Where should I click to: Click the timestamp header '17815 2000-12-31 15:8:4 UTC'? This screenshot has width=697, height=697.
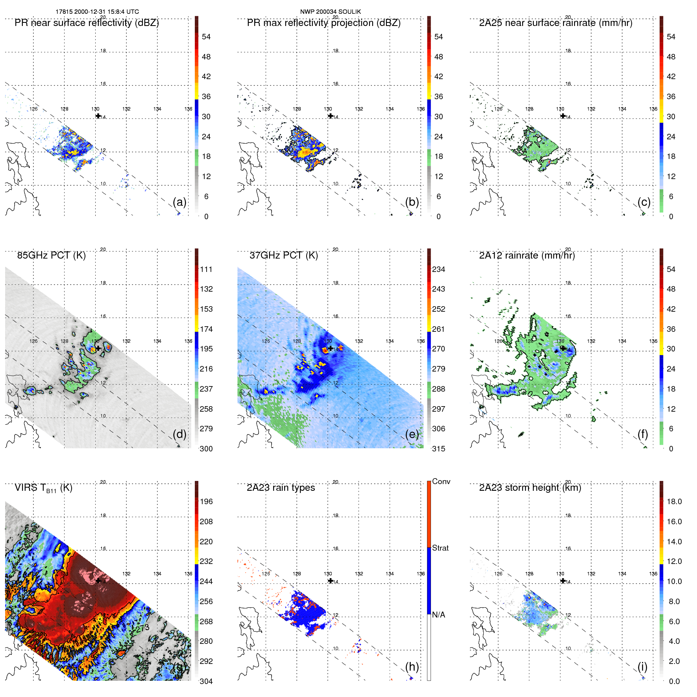97,12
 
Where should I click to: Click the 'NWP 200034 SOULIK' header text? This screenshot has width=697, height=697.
330,12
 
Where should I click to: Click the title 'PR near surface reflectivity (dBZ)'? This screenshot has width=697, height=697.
87,23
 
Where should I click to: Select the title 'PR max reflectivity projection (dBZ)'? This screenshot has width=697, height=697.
324,23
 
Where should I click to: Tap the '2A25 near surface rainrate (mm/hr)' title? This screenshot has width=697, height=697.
556,23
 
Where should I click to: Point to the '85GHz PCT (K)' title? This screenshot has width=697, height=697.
51,255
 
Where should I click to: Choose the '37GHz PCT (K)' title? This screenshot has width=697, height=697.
283,255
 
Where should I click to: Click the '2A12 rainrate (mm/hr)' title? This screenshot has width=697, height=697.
527,255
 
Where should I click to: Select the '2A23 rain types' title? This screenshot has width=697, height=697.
281,488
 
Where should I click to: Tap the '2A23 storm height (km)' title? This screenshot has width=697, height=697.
530,488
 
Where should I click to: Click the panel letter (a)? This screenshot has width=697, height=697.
179,202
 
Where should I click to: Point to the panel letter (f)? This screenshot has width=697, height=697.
643,434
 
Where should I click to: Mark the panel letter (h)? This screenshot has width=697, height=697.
412,666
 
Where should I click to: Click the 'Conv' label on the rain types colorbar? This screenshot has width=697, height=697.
441,481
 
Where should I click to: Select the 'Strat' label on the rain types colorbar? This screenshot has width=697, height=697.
440,548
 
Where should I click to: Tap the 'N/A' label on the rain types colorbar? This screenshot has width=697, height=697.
438,615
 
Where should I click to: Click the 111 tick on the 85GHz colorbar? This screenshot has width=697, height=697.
206,269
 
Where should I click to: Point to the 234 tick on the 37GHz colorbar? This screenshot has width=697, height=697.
438,269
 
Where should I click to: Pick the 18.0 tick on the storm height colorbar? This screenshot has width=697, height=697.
674,501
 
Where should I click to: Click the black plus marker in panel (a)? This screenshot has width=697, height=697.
98,116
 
